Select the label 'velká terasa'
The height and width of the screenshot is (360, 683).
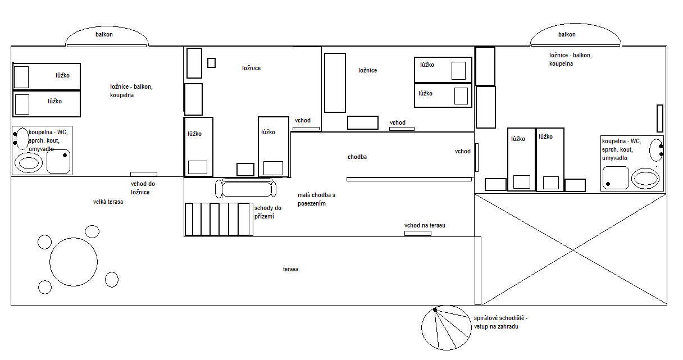108,202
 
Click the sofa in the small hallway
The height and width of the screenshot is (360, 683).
246,188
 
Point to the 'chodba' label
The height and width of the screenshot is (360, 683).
357,157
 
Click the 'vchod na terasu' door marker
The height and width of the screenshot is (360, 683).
418,234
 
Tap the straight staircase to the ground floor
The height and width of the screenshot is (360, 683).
219,219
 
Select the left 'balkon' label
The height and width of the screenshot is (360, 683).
104,34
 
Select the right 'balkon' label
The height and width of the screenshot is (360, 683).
567,34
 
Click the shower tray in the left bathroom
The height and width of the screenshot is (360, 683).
58,161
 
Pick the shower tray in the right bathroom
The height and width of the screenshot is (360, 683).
616,177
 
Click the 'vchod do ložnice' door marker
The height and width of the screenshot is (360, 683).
144,174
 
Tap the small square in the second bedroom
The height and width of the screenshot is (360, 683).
211,63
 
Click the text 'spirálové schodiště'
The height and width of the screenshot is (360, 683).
499,318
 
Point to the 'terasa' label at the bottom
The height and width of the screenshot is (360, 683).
290,269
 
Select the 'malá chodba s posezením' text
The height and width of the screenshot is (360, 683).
316,199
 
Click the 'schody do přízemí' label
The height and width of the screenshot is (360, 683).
268,212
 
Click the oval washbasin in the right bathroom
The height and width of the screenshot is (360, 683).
656,150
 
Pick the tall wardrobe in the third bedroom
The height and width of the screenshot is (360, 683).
335,83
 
